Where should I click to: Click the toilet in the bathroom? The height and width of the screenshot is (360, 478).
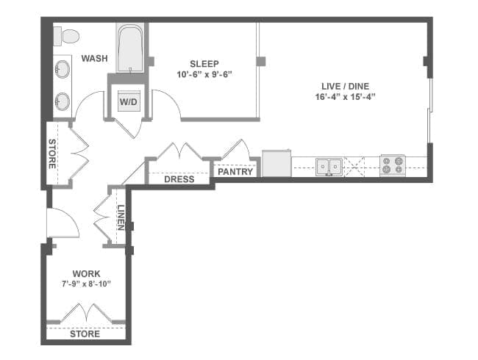tap(66, 36)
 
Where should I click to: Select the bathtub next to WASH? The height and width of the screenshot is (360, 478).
tap(130, 48)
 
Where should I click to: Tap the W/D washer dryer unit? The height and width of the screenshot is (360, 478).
tap(129, 101)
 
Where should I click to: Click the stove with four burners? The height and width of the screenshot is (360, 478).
tap(393, 166)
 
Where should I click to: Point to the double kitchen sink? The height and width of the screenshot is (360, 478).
tap(329, 167)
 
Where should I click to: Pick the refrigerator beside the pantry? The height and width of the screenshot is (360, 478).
tap(277, 163)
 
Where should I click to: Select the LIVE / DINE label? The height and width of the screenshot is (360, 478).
tap(345, 86)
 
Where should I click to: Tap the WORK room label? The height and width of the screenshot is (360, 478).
tap(86, 273)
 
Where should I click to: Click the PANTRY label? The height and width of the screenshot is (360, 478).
tap(235, 172)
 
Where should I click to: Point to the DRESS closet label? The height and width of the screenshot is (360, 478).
tap(179, 179)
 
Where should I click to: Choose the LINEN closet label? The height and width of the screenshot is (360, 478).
tap(121, 217)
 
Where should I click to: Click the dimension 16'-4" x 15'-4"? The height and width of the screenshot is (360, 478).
tap(345, 97)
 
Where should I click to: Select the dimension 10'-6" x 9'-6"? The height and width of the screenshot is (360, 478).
tap(204, 74)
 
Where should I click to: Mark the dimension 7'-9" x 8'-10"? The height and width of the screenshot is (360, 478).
tap(86, 284)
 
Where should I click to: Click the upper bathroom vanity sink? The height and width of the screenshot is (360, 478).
tap(63, 69)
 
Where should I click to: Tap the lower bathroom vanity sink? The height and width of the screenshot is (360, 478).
tap(63, 101)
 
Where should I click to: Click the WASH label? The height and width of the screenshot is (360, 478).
tap(95, 58)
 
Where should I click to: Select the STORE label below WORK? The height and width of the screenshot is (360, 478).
tap(85, 334)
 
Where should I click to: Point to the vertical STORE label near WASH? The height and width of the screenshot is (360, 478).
tap(51, 154)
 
